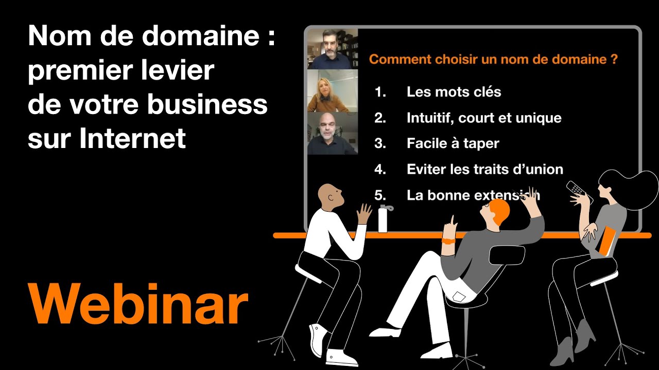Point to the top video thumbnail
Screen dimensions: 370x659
click(333, 49)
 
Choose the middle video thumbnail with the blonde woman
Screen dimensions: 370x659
click(333, 91)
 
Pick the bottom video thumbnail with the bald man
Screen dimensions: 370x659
click(333, 133)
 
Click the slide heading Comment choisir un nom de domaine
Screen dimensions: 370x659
click(493, 59)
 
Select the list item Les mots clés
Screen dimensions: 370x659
click(454, 92)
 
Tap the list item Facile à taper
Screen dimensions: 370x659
click(453, 143)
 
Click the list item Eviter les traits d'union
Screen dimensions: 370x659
click(484, 169)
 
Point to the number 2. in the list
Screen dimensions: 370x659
click(380, 118)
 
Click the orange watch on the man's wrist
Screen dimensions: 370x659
click(448, 240)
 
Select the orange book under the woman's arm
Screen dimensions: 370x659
click(608, 240)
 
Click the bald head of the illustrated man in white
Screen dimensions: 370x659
click(328, 194)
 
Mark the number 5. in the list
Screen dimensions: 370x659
click(380, 195)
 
